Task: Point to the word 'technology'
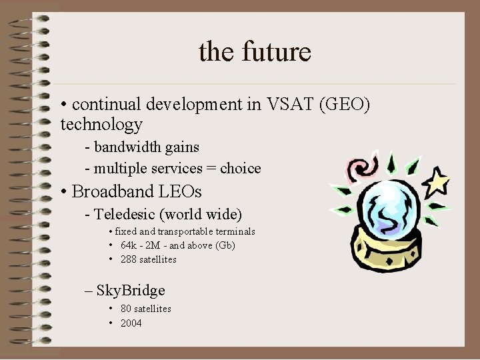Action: click(x=101, y=124)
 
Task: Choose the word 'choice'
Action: click(x=240, y=168)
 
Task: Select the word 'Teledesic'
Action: click(x=125, y=214)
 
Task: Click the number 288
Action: click(x=129, y=259)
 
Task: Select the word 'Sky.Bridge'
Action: click(x=131, y=290)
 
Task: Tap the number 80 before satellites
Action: click(x=125, y=309)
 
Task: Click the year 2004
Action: click(x=131, y=323)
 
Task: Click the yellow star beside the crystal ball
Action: click(x=438, y=181)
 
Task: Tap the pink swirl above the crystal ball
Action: click(x=359, y=169)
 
